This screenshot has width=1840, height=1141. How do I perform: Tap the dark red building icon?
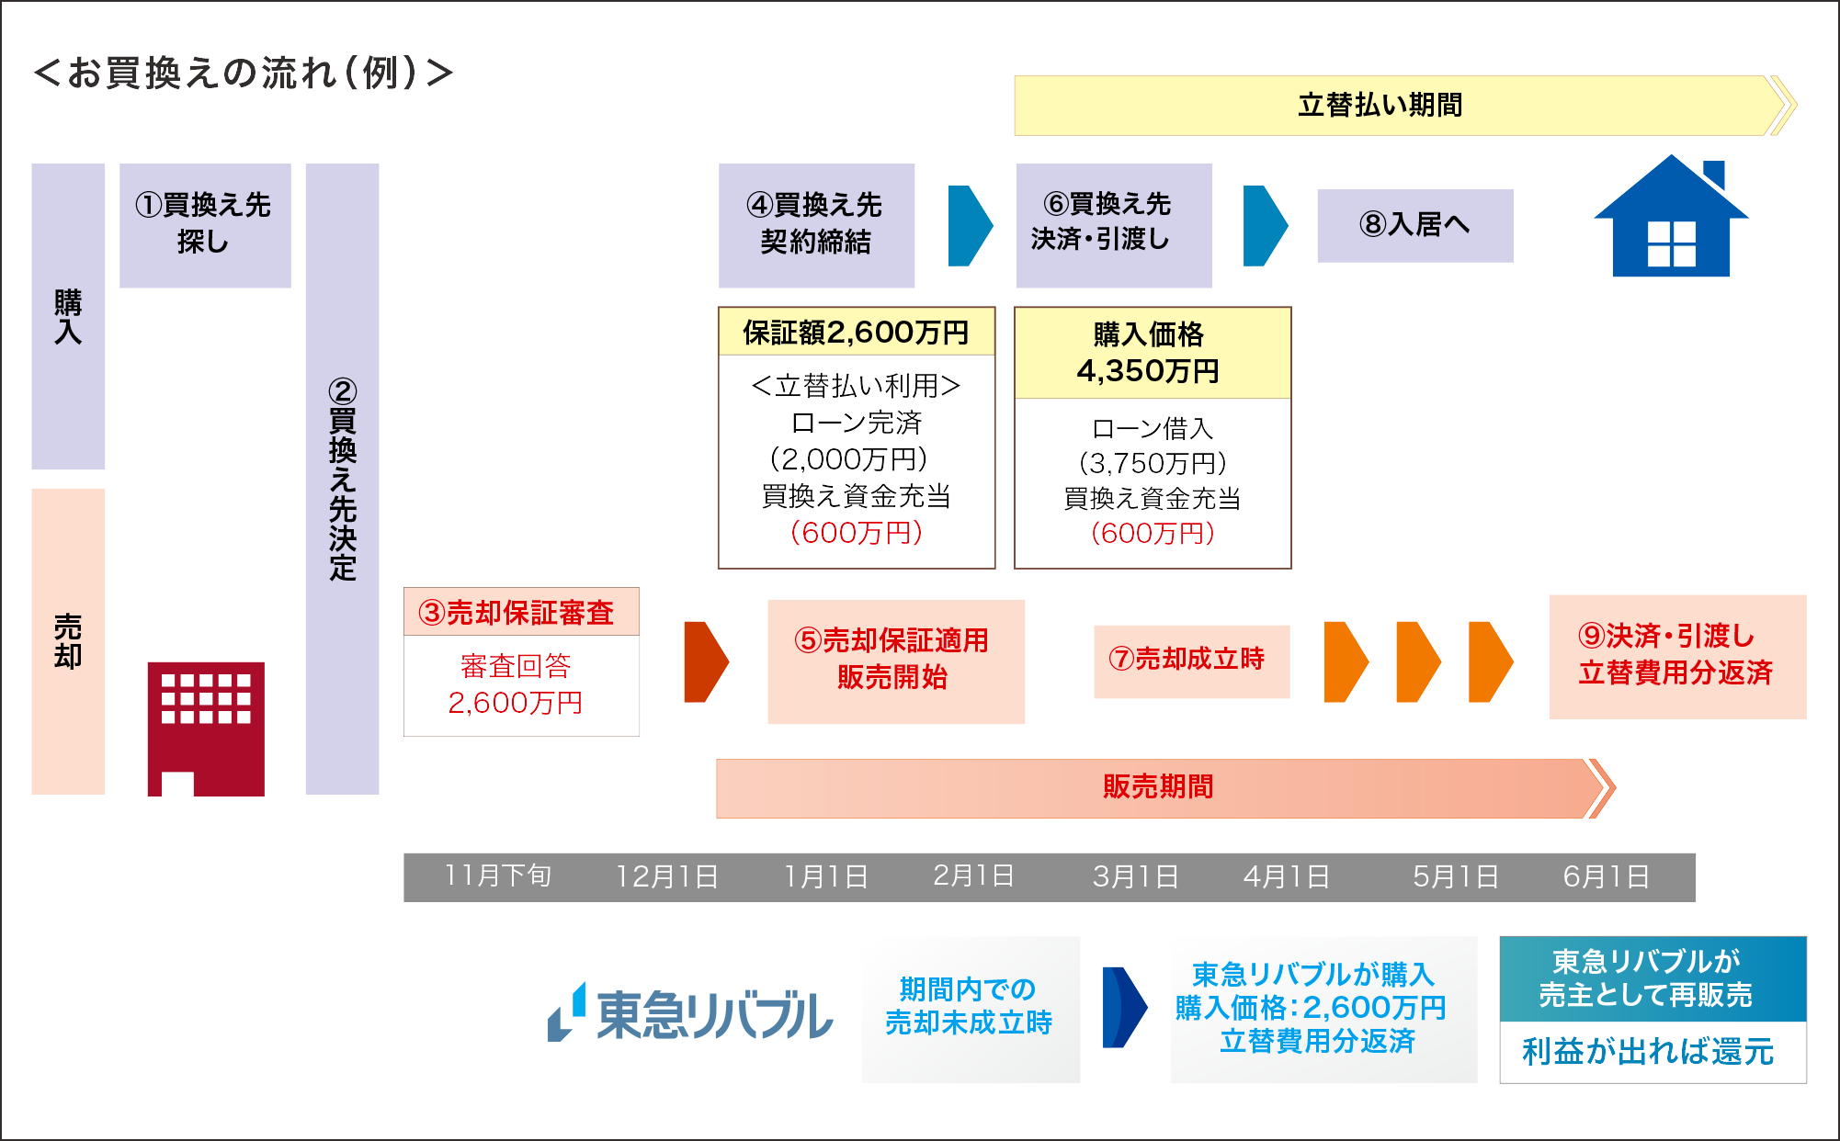(x=206, y=728)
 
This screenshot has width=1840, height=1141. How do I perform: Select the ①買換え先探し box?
(x=205, y=224)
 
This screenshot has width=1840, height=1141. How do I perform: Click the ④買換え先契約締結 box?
(x=815, y=224)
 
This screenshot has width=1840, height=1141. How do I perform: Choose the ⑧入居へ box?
(x=1414, y=225)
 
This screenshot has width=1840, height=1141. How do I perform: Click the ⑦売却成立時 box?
(x=1190, y=661)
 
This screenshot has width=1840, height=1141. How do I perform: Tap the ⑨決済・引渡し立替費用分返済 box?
(x=1676, y=656)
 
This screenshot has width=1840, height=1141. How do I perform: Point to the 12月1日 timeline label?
(x=667, y=876)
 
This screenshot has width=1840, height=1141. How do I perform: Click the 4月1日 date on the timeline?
(x=1286, y=876)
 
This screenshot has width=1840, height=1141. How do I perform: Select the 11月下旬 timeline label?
(x=498, y=876)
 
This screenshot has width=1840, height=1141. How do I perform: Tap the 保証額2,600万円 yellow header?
(x=856, y=332)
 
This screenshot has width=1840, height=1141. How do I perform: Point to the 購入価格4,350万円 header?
(x=1151, y=353)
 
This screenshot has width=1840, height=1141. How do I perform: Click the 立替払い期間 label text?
(x=1380, y=106)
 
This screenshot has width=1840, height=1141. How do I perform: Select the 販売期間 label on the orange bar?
(x=1157, y=787)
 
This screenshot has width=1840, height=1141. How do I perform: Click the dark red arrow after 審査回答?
(x=705, y=661)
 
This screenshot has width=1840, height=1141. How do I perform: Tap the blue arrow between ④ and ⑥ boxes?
(x=970, y=225)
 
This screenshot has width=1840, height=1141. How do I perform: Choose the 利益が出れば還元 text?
(x=1649, y=1052)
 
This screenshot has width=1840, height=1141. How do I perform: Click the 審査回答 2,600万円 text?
(x=517, y=685)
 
